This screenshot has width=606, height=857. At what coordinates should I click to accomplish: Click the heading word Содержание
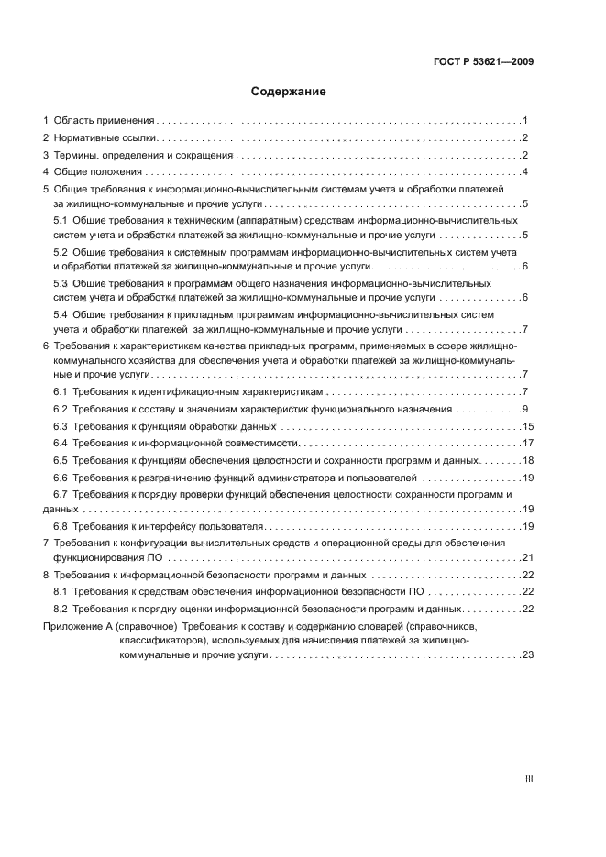point(289,92)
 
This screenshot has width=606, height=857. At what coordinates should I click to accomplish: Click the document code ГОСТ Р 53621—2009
point(483,62)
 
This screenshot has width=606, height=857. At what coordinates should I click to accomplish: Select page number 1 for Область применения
point(525,121)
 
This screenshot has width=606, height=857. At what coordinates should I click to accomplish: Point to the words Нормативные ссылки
point(106,137)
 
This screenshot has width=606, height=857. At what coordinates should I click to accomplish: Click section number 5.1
point(61,221)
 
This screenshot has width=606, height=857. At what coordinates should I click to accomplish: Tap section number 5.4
point(61,314)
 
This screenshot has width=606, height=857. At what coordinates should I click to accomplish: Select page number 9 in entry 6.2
point(525,409)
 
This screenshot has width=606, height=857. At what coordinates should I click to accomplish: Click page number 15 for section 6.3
point(527,426)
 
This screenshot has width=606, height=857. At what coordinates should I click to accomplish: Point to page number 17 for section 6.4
point(527,444)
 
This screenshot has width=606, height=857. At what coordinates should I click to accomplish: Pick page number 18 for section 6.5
point(527,460)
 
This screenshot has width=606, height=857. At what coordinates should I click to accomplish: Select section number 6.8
point(61,526)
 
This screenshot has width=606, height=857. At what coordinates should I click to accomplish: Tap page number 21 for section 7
point(527,557)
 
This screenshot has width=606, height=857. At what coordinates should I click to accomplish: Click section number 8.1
point(61,592)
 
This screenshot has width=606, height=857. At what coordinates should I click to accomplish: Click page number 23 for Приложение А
point(527,655)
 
